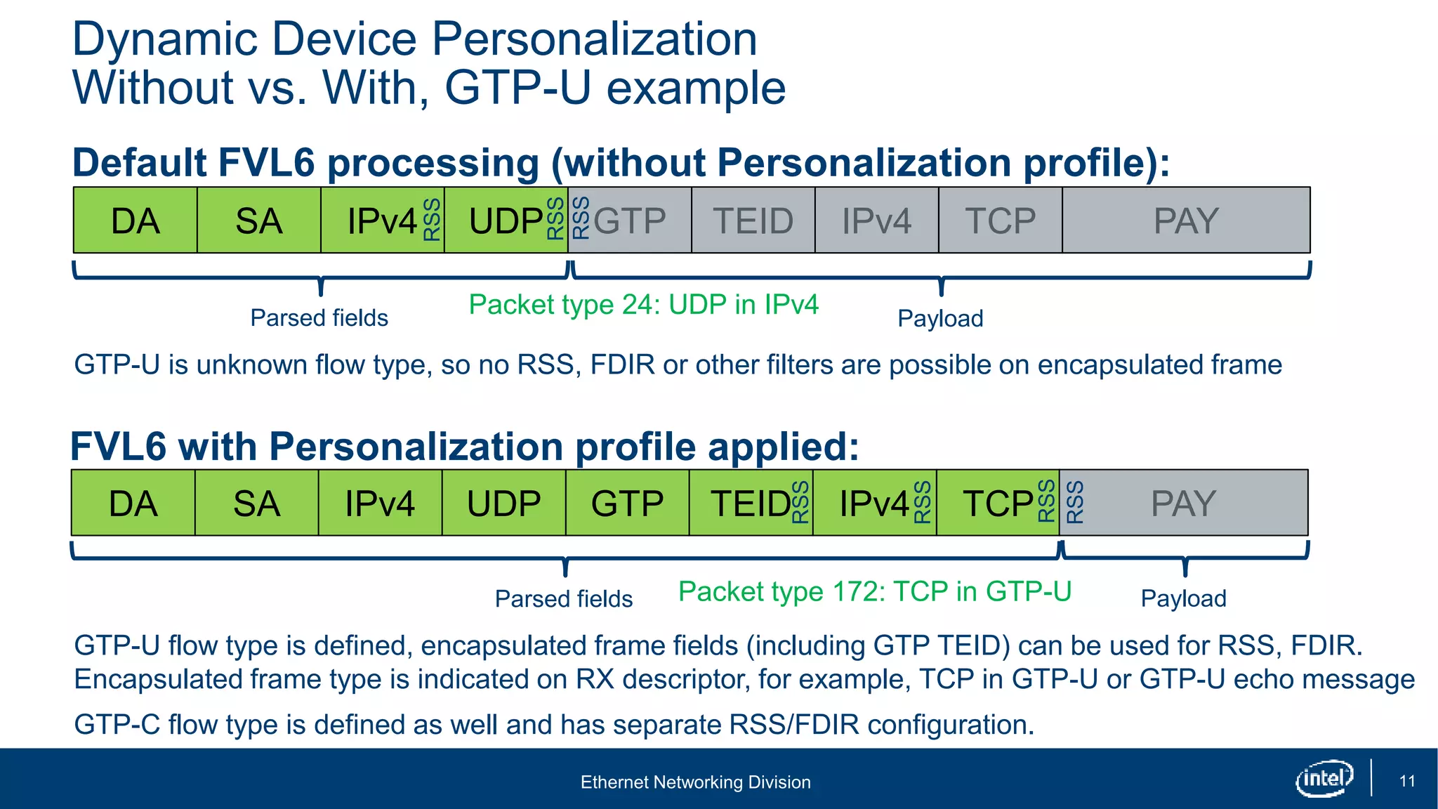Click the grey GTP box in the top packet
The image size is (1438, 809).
coord(630,221)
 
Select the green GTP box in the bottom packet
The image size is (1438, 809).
coord(627,504)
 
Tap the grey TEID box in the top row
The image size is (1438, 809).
coord(753,221)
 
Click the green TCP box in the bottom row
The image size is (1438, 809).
coord(997,504)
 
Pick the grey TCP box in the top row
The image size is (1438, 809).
coord(1000,221)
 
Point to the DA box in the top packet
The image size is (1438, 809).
coord(136,221)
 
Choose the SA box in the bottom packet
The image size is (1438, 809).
coord(256,504)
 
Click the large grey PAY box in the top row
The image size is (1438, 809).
coord(1186,221)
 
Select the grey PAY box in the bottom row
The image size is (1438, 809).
coord(1184,504)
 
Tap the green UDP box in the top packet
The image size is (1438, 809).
coord(506,221)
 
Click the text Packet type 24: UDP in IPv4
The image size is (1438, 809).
coord(643,305)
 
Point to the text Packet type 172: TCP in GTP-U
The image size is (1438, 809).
coord(874,591)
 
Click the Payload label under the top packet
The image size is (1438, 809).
coord(940,319)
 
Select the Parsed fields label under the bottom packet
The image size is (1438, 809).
coord(564,599)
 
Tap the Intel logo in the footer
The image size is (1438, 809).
coord(1324,778)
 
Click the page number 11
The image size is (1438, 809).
coord(1406,781)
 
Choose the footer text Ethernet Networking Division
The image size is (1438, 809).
coord(695,782)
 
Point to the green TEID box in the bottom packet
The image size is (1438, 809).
coord(751,504)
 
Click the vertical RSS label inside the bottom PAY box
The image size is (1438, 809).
coord(1075,502)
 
